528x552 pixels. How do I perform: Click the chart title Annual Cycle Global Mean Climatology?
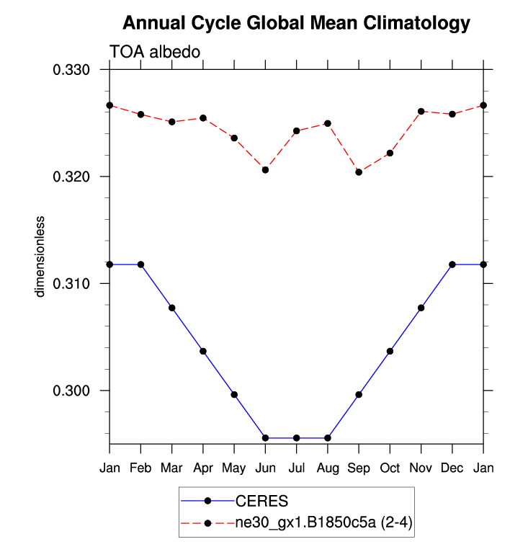click(x=296, y=23)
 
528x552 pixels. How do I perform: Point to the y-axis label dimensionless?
click(x=41, y=256)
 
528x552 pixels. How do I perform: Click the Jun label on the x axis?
click(x=265, y=468)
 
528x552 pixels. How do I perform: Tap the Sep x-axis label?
click(x=359, y=468)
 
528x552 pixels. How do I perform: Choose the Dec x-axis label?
click(x=452, y=468)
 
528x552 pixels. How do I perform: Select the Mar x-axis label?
click(x=171, y=468)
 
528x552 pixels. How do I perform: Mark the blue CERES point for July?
click(x=296, y=438)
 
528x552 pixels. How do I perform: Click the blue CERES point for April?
click(x=203, y=352)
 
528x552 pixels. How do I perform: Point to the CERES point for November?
click(x=421, y=308)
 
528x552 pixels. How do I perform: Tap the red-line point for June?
click(x=265, y=170)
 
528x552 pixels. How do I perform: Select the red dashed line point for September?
click(x=359, y=172)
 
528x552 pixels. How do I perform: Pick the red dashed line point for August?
click(x=328, y=123)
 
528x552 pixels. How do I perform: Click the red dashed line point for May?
click(x=234, y=138)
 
